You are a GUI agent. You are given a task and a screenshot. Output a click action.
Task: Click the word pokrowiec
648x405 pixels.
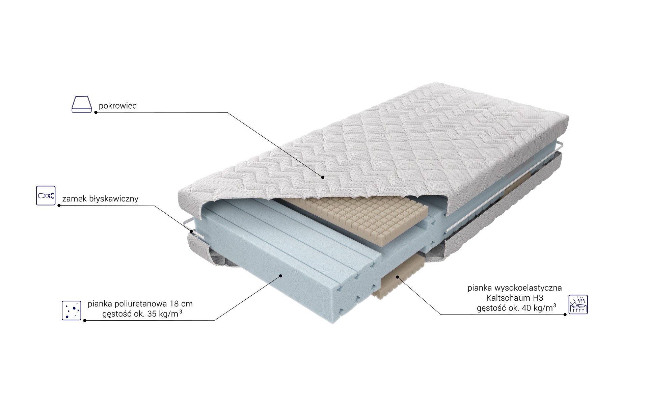[117, 106]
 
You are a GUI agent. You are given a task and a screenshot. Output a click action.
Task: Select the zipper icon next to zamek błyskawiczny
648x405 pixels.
[46, 195]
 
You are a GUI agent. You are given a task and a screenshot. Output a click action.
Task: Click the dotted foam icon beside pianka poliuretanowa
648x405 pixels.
[72, 310]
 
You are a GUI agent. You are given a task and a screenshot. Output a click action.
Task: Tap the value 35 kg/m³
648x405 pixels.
[165, 314]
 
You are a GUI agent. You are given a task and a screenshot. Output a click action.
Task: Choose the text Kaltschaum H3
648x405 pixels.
[515, 298]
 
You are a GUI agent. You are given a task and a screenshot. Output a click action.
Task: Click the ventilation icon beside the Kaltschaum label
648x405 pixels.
[578, 304]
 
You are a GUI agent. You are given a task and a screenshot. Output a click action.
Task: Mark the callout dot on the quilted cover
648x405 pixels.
[323, 177]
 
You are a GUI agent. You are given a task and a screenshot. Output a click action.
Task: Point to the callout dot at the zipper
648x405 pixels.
[191, 232]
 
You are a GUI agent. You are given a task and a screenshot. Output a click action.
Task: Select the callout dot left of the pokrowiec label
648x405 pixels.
[96, 112]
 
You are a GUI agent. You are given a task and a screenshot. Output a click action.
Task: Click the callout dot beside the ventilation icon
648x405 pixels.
[565, 315]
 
